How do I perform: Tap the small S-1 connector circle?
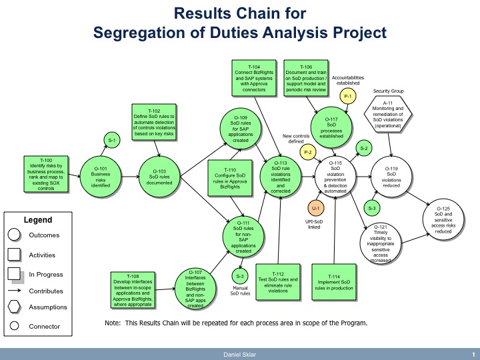[112, 140]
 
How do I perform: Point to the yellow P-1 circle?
[347, 97]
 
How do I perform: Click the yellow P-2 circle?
[308, 153]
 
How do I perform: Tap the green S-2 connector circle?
[364, 147]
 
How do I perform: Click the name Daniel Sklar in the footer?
[239, 353]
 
